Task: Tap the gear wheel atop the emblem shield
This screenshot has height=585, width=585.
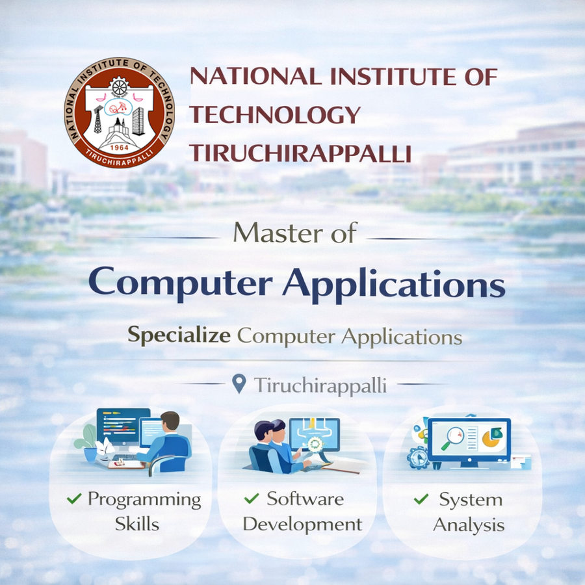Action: [118, 86]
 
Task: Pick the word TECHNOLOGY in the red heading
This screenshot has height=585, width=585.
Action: [274, 115]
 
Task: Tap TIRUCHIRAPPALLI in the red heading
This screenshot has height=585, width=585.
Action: [300, 153]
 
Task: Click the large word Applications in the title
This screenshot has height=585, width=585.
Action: [393, 284]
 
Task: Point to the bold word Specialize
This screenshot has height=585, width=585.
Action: [179, 335]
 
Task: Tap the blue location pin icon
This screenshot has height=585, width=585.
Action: [239, 384]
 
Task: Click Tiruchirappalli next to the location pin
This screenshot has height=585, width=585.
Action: [320, 385]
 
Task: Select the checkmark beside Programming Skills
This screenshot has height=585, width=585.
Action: [74, 499]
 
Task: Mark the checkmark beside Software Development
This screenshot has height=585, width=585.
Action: [252, 499]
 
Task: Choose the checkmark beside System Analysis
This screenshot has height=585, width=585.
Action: [421, 499]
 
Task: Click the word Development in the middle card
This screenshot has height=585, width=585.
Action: [303, 524]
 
